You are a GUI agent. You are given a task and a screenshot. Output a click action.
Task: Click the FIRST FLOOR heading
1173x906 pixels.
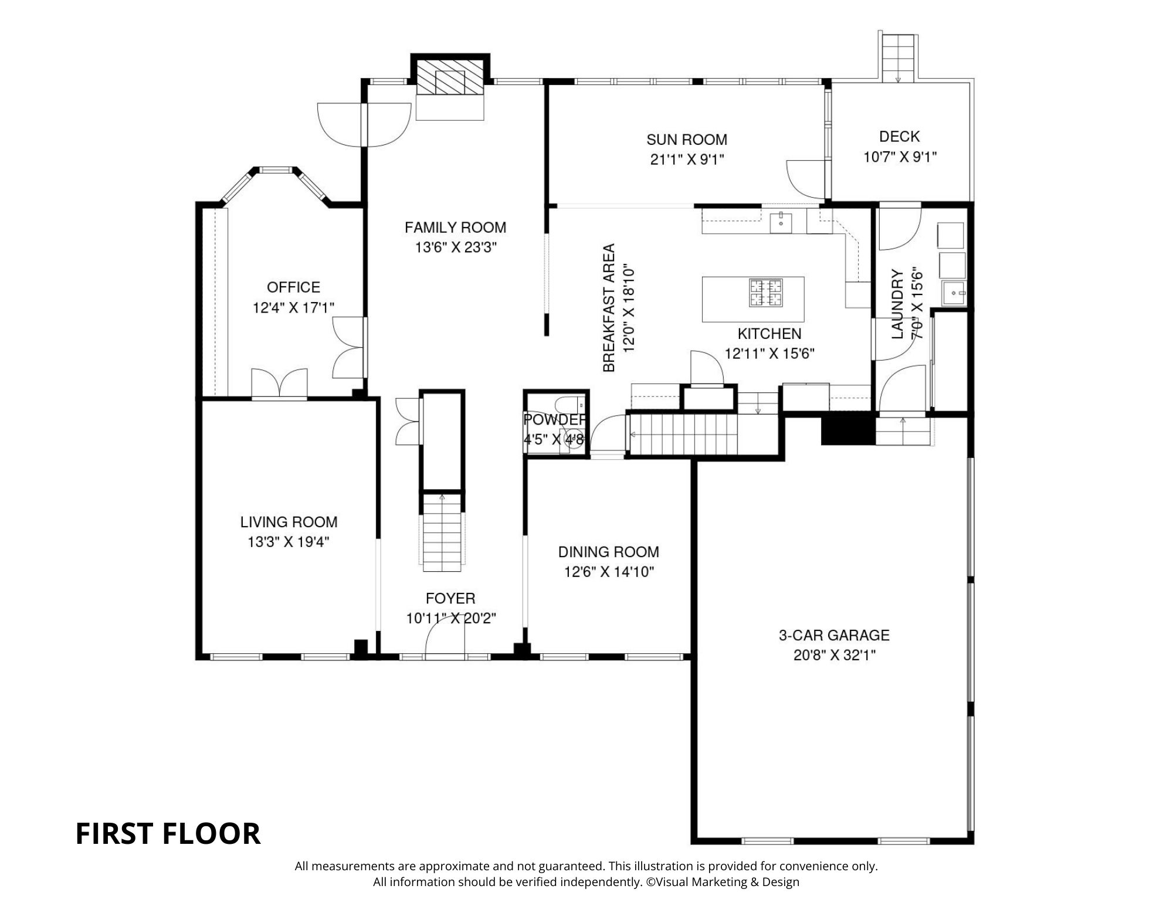click(x=168, y=833)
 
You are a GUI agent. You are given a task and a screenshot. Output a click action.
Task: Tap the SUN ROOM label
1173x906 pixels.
click(x=687, y=140)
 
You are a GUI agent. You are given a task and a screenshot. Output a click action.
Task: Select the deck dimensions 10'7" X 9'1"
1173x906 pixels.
click(x=900, y=157)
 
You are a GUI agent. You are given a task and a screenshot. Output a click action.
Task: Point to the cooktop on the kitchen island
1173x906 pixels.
click(x=766, y=293)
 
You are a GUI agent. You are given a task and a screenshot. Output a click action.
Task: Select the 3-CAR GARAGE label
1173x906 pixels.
click(x=834, y=635)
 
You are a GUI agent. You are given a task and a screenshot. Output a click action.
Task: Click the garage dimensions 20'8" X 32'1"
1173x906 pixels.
click(x=834, y=655)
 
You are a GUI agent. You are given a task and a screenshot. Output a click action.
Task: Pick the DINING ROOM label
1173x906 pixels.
click(x=608, y=552)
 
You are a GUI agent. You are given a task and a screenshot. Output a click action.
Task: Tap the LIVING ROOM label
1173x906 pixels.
click(x=289, y=522)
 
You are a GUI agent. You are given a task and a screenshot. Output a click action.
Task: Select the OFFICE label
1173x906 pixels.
click(x=293, y=287)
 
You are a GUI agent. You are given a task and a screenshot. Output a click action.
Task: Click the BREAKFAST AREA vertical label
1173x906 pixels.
click(x=609, y=308)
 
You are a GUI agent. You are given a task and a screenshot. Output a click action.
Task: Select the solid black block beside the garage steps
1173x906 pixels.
click(x=847, y=431)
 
